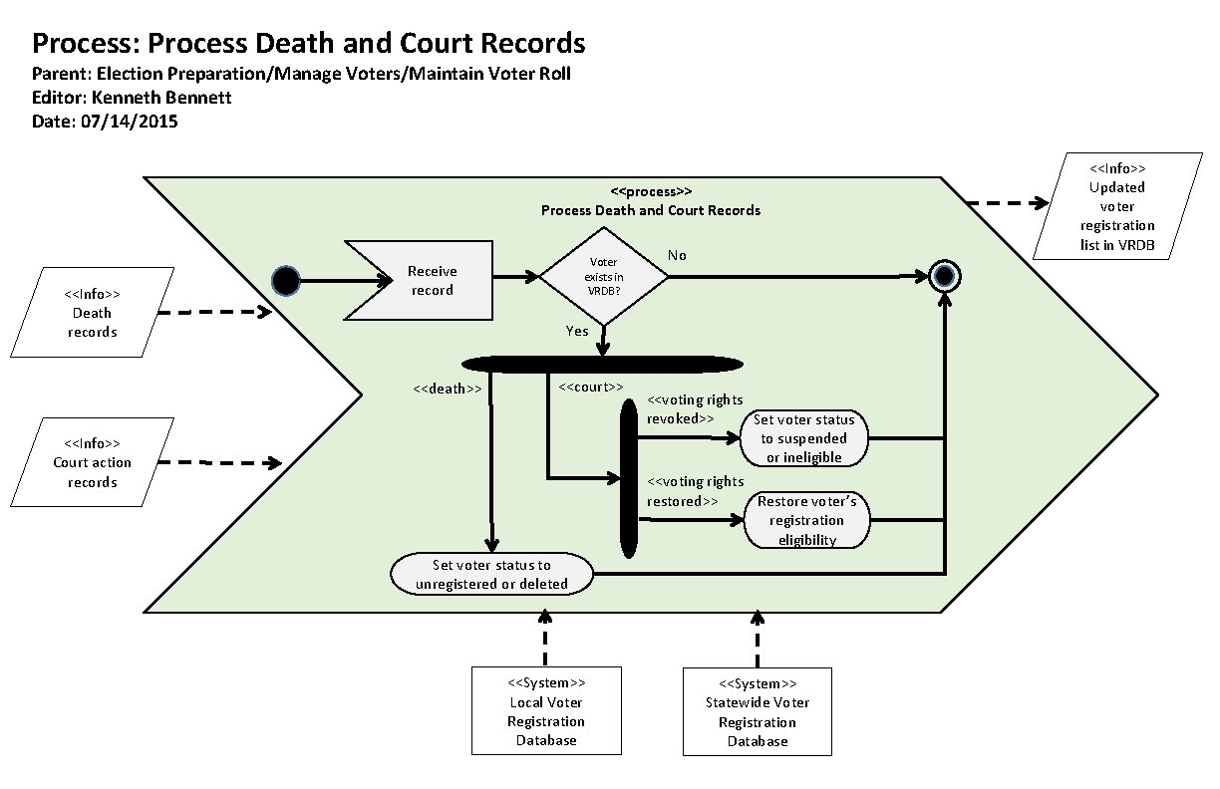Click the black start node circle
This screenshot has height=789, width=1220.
286,281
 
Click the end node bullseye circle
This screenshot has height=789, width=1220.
943,276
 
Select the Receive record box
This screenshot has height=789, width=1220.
426,281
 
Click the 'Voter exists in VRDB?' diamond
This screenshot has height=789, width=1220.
603,277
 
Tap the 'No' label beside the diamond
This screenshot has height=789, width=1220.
677,255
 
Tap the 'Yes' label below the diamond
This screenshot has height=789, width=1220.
577,331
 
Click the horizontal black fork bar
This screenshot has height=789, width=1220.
603,365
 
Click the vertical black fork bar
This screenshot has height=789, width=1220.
629,478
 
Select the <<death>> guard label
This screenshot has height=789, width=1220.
448,390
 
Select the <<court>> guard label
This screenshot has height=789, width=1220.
591,387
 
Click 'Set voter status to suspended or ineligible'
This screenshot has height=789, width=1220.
804,438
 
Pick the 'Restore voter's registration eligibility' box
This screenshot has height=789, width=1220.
806,520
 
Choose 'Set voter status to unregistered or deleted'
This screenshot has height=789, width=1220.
491,575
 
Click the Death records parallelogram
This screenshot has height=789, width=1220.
92,313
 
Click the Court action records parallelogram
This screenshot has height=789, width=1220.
92,463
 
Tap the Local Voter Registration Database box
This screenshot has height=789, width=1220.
545,711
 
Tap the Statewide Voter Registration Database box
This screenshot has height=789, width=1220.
757,711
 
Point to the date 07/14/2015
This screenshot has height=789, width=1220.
129,122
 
